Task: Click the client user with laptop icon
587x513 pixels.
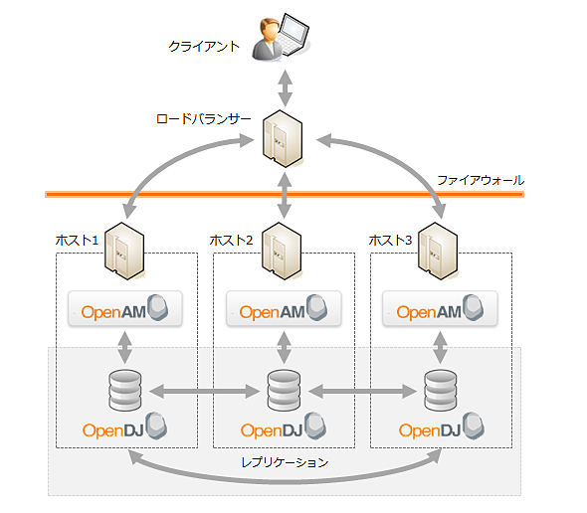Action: tap(283, 38)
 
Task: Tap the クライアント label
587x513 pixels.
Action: tap(203, 46)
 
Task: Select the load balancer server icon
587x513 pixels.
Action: tap(283, 139)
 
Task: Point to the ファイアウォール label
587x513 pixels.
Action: tap(480, 180)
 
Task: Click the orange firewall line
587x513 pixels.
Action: tap(199, 194)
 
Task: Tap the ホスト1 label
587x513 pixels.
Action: tap(78, 240)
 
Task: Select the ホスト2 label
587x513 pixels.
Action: tap(232, 240)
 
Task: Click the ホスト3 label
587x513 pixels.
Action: tap(391, 240)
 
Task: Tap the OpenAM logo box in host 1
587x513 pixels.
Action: tap(125, 310)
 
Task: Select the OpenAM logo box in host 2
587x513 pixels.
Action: tap(284, 310)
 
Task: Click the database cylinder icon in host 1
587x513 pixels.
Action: tap(125, 392)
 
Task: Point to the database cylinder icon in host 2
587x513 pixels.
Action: tap(284, 392)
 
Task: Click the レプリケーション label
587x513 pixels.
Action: tap(285, 462)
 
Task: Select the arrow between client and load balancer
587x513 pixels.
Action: tap(286, 86)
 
